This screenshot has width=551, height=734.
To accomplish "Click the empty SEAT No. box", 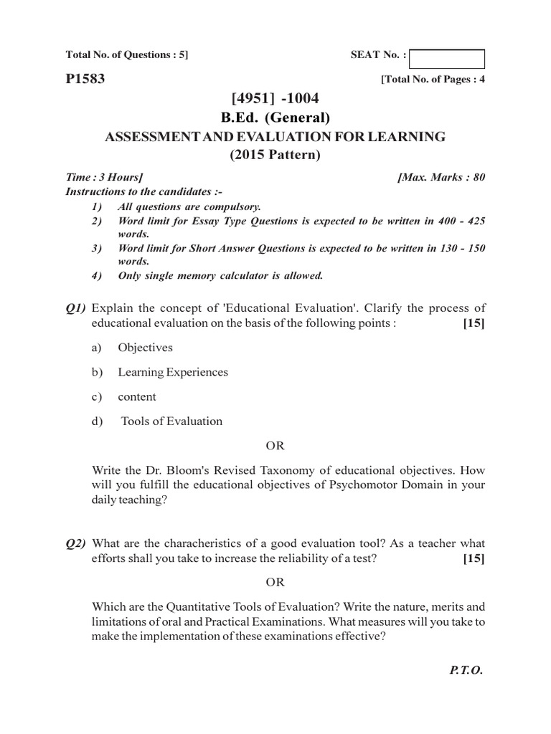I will (x=447, y=59).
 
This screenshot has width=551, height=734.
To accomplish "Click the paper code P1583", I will (x=85, y=80).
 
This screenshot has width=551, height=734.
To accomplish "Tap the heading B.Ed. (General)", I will (x=276, y=118).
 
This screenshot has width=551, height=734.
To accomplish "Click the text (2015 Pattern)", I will (x=275, y=154).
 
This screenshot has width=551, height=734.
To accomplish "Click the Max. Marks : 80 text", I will (x=441, y=177).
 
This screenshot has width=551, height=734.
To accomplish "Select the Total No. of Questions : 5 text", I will (x=127, y=54).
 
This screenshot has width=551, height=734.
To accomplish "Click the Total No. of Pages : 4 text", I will (x=433, y=80).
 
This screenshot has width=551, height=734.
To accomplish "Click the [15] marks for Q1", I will (x=474, y=323).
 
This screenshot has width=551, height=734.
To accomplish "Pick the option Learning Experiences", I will (x=173, y=372).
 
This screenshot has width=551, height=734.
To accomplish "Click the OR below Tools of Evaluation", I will (x=275, y=446).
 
